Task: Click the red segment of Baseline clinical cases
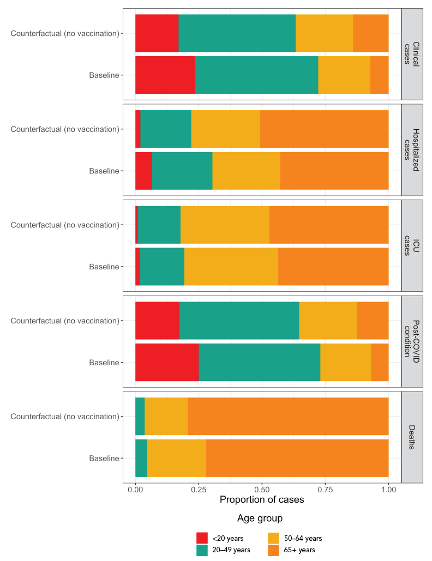pyautogui.click(x=165, y=75)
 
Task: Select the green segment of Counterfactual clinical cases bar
pyautogui.click(x=237, y=33)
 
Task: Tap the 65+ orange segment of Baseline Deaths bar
pyautogui.click(x=297, y=458)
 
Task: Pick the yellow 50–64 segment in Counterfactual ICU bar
pyautogui.click(x=225, y=225)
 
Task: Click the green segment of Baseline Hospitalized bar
pyautogui.click(x=182, y=171)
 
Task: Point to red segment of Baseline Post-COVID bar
pyautogui.click(x=167, y=362)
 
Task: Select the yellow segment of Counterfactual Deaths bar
pyautogui.click(x=166, y=417)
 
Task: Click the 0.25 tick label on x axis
pyautogui.click(x=199, y=490)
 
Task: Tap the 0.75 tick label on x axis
pyautogui.click(x=325, y=490)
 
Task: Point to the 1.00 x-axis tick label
pyautogui.click(x=388, y=490)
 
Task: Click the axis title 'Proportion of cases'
pyautogui.click(x=262, y=499)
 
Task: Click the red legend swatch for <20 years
pyautogui.click(x=202, y=538)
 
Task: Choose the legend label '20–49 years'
pyautogui.click(x=231, y=550)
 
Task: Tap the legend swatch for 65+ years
pyautogui.click(x=275, y=550)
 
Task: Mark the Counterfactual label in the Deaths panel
pyautogui.click(x=65, y=417)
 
